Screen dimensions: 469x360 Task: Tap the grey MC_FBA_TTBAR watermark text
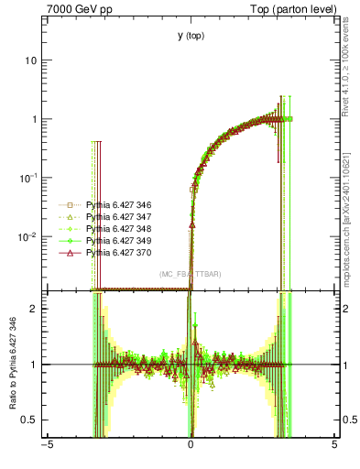tap(191, 274)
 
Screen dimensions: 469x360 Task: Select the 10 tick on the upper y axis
tap(30, 60)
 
